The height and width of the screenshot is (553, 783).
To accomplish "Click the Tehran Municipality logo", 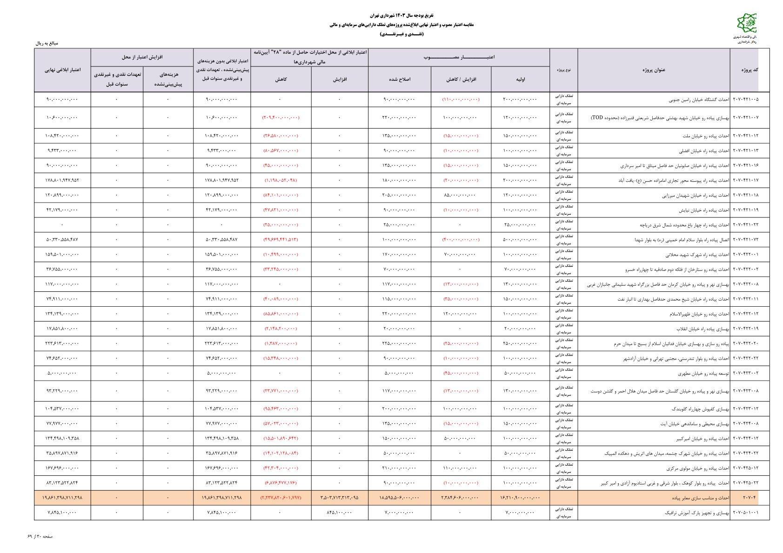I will pos(746,23).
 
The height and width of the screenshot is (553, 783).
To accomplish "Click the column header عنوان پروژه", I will pos(654,70).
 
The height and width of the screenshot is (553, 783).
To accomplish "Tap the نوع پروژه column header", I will pos(563,70).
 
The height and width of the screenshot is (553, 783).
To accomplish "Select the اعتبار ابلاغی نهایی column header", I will pos(62,70).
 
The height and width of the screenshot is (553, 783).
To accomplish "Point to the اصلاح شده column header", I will pos(399,79).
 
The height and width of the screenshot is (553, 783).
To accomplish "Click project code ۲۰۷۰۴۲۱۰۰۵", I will pos(745,99).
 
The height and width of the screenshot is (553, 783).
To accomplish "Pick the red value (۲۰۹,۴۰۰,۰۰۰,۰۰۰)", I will pos(281,118).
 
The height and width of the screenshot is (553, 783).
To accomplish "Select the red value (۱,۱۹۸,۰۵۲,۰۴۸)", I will pos(281,180).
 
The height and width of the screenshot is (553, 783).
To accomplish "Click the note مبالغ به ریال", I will pos(47,43).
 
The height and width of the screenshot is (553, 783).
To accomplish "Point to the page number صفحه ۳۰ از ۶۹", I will pos(40,536).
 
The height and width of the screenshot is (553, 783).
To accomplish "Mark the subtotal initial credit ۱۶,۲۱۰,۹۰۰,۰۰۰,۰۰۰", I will pos(519,498).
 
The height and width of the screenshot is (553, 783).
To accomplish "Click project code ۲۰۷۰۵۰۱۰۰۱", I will pos(745,513).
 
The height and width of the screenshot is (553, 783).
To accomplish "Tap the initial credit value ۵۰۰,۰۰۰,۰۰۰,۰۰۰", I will pos(520,239).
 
